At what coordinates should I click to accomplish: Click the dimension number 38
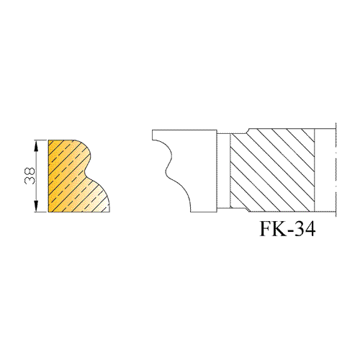click(30, 176)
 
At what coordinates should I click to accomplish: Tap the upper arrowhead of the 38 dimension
click(36, 146)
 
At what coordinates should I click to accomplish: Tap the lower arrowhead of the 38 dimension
click(36, 206)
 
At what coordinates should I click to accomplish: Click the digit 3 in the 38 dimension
click(30, 181)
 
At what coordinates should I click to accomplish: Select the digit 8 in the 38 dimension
click(30, 171)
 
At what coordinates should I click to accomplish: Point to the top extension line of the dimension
click(41, 140)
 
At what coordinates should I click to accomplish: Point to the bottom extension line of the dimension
click(41, 212)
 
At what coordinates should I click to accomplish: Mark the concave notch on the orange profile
click(86, 171)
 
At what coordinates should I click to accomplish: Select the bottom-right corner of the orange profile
click(110, 212)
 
